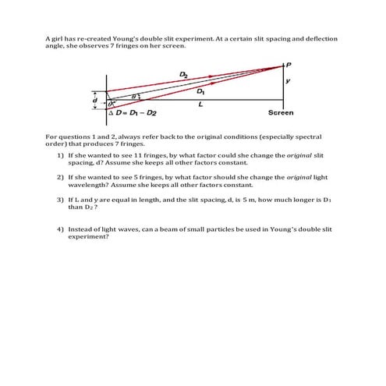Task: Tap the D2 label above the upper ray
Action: coord(184,75)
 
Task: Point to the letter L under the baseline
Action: coord(201,103)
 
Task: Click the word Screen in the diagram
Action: coord(281,113)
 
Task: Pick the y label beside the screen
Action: coord(289,80)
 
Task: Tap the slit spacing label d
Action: coord(95,100)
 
